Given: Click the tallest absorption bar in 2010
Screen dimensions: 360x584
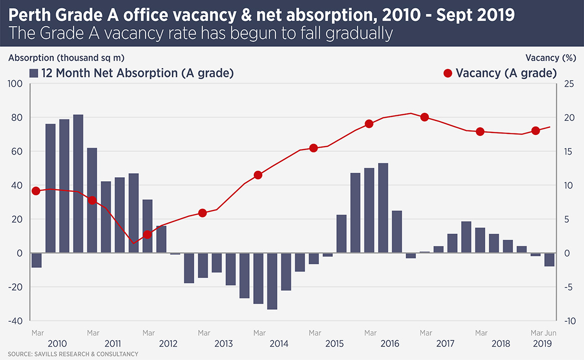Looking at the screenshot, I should pos(78,183).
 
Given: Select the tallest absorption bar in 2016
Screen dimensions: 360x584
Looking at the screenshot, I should pos(383,207).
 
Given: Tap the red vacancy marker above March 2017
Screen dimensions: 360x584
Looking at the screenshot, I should pos(424,117).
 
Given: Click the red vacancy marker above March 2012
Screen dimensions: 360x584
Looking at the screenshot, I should pos(148,235).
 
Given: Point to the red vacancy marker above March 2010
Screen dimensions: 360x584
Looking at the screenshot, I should pos(36,191).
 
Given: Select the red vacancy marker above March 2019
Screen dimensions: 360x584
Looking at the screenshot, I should pos(536,131).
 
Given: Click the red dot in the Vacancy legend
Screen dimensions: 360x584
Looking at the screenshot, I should pos(448,73).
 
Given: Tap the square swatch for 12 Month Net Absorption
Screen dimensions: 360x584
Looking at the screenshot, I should pos(34,73).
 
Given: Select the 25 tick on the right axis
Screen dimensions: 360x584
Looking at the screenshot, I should pos(568,84).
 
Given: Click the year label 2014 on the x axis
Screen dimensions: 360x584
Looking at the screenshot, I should pos(279,344).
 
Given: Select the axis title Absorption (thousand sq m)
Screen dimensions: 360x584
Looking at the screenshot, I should pos(66,57).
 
